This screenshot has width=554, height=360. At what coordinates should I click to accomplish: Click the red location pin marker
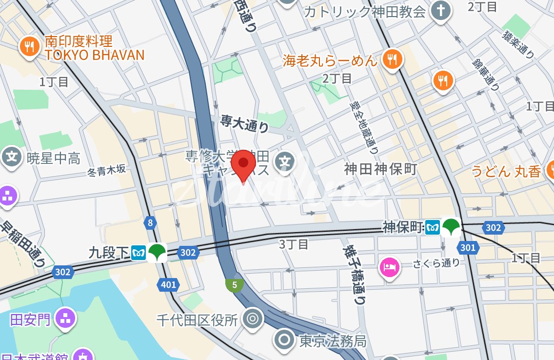coord(243,164)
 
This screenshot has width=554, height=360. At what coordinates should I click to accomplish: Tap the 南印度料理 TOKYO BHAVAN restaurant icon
coord(30,47)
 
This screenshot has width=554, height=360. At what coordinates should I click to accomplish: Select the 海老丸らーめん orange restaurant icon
coord(391,60)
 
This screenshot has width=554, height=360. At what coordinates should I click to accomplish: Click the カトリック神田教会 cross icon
coord(440,12)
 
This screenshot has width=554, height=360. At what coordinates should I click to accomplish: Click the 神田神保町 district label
coord(380,169)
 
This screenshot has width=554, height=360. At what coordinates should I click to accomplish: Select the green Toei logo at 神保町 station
coord(451,227)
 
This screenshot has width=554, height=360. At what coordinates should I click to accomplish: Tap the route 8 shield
coord(150,223)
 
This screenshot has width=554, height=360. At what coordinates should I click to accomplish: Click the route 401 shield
coord(168,285)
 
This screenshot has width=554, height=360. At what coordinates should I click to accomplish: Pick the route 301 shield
coord(467,248)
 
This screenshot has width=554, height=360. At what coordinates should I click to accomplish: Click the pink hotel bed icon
coord(390,267)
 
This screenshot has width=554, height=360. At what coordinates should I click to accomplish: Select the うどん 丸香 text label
coord(506,171)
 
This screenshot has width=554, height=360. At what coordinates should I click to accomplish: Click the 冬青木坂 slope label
coord(106,170)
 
